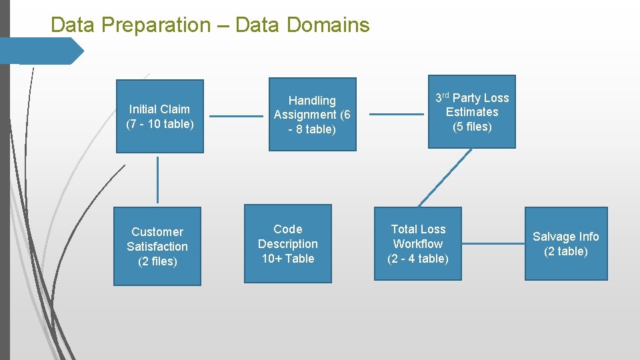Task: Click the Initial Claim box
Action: pyautogui.click(x=160, y=117)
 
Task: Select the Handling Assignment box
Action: pyautogui.click(x=312, y=115)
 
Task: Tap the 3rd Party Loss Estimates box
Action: pyautogui.click(x=472, y=112)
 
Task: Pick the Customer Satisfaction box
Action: pyautogui.click(x=157, y=246)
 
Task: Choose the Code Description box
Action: pyautogui.click(x=288, y=243)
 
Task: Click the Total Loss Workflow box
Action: pyautogui.click(x=418, y=243)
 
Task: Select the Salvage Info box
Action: pyautogui.click(x=566, y=243)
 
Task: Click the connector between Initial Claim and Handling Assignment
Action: pyautogui.click(x=236, y=117)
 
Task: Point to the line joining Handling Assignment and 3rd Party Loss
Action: pyautogui.click(x=396, y=114)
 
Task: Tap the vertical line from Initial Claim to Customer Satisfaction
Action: pyautogui.click(x=158, y=179)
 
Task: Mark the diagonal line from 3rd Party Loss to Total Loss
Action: pyautogui.click(x=445, y=177)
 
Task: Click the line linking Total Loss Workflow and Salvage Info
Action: pyautogui.click(x=493, y=243)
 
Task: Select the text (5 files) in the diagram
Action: pyautogui.click(x=472, y=127)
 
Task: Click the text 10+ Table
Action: pyautogui.click(x=288, y=259)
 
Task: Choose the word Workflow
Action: pyautogui.click(x=418, y=244)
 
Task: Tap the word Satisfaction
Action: pyautogui.click(x=157, y=247)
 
